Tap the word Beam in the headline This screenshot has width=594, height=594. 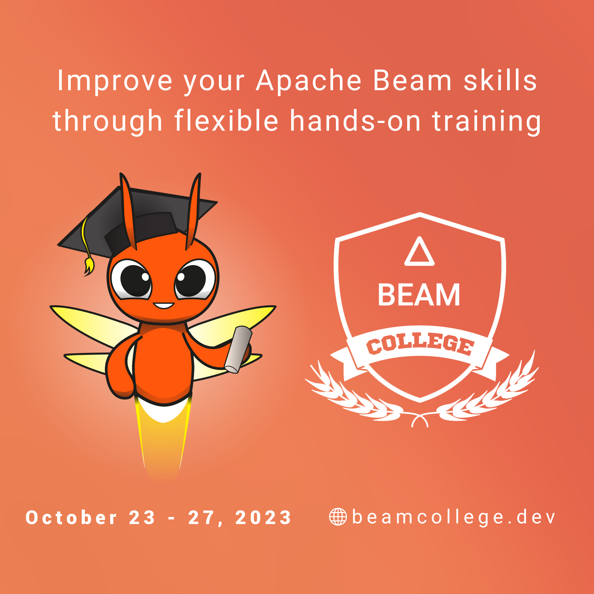point(412,80)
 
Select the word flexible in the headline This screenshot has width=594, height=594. point(227,121)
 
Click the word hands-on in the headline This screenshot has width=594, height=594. point(355,121)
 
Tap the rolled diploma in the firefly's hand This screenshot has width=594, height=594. point(238,350)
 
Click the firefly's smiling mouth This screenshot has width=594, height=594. point(164,306)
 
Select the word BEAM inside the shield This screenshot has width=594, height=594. point(419,295)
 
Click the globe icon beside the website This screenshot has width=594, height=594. point(338,517)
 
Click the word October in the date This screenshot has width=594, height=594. point(71,517)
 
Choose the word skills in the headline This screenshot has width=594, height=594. point(500,80)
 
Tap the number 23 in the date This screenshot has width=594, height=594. point(142,518)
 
